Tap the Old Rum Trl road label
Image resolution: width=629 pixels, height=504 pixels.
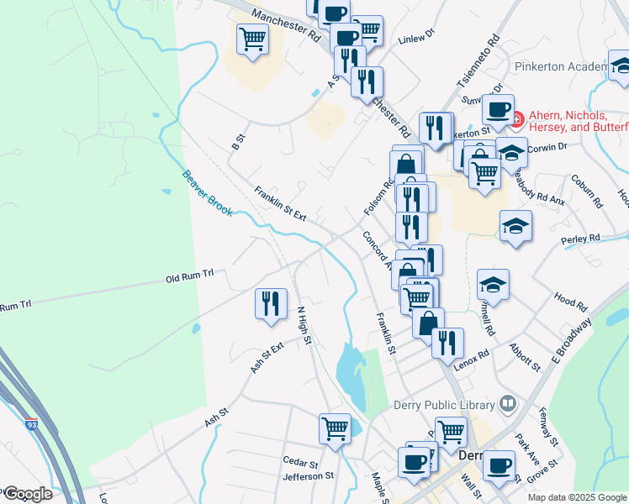click(x=190, y=276)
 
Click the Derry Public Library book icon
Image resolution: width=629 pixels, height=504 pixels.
click(x=506, y=404)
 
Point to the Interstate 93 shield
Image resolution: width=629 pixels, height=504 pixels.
click(x=31, y=425)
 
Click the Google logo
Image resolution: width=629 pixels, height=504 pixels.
click(x=29, y=494)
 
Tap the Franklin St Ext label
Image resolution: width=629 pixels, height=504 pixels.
click(x=280, y=203)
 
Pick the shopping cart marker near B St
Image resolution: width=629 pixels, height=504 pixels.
click(x=252, y=39)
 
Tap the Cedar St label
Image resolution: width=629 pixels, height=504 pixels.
click(x=300, y=463)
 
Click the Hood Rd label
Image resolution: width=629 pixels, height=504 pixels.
click(x=570, y=298)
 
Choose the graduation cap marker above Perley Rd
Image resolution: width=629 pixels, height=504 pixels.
click(x=515, y=225)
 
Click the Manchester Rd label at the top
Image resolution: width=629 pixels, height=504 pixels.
click(x=287, y=26)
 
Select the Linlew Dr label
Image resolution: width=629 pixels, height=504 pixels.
click(x=415, y=38)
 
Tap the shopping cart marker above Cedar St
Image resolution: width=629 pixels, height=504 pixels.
click(x=335, y=428)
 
